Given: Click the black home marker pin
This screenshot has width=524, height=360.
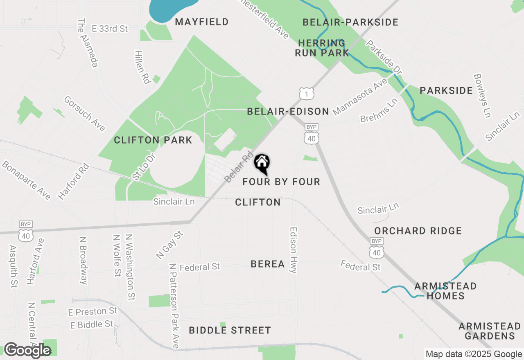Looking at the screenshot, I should tap(262, 163).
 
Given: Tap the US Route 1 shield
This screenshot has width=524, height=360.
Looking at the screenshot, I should tap(306, 93).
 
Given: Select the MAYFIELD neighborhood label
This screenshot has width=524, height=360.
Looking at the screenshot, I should tap(202, 22).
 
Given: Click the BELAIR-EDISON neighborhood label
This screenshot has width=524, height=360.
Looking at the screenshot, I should tap(288, 111).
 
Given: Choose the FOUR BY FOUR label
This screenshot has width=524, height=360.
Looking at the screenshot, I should tap(281, 182).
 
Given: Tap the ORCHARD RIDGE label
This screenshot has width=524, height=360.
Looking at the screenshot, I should tap(418, 231).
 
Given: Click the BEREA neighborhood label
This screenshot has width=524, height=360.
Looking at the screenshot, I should tap(268, 264).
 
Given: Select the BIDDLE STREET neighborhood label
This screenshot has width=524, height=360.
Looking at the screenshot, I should tap(230, 330).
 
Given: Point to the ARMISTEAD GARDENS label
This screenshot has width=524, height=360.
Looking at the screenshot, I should tap(490, 331).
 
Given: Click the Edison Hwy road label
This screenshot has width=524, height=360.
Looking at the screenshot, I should tap(293, 250).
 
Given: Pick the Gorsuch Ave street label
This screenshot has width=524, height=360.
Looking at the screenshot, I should tap(85, 114).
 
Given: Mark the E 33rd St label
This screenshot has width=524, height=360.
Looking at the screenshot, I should tap(110, 29).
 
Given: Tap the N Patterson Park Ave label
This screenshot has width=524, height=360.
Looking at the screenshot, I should tap(174, 306).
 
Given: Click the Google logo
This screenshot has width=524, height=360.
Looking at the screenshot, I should tap(27, 350).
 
